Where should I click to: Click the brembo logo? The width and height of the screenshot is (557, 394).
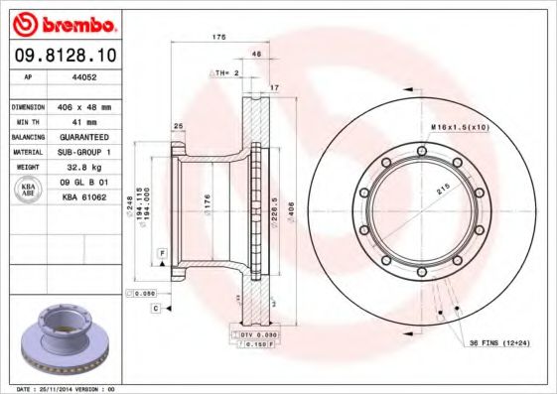pyautogui.click(x=61, y=23)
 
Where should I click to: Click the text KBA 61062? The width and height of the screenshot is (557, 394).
pyautogui.click(x=82, y=197)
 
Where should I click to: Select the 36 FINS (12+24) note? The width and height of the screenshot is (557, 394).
pyautogui.click(x=497, y=342)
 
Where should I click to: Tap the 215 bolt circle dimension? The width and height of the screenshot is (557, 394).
pyautogui.click(x=444, y=188)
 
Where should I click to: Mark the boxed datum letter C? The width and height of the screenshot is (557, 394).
pyautogui.click(x=156, y=310)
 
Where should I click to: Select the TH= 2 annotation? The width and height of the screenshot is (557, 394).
pyautogui.click(x=225, y=73)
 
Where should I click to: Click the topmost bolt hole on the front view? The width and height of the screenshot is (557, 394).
pyautogui.click(x=422, y=151)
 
